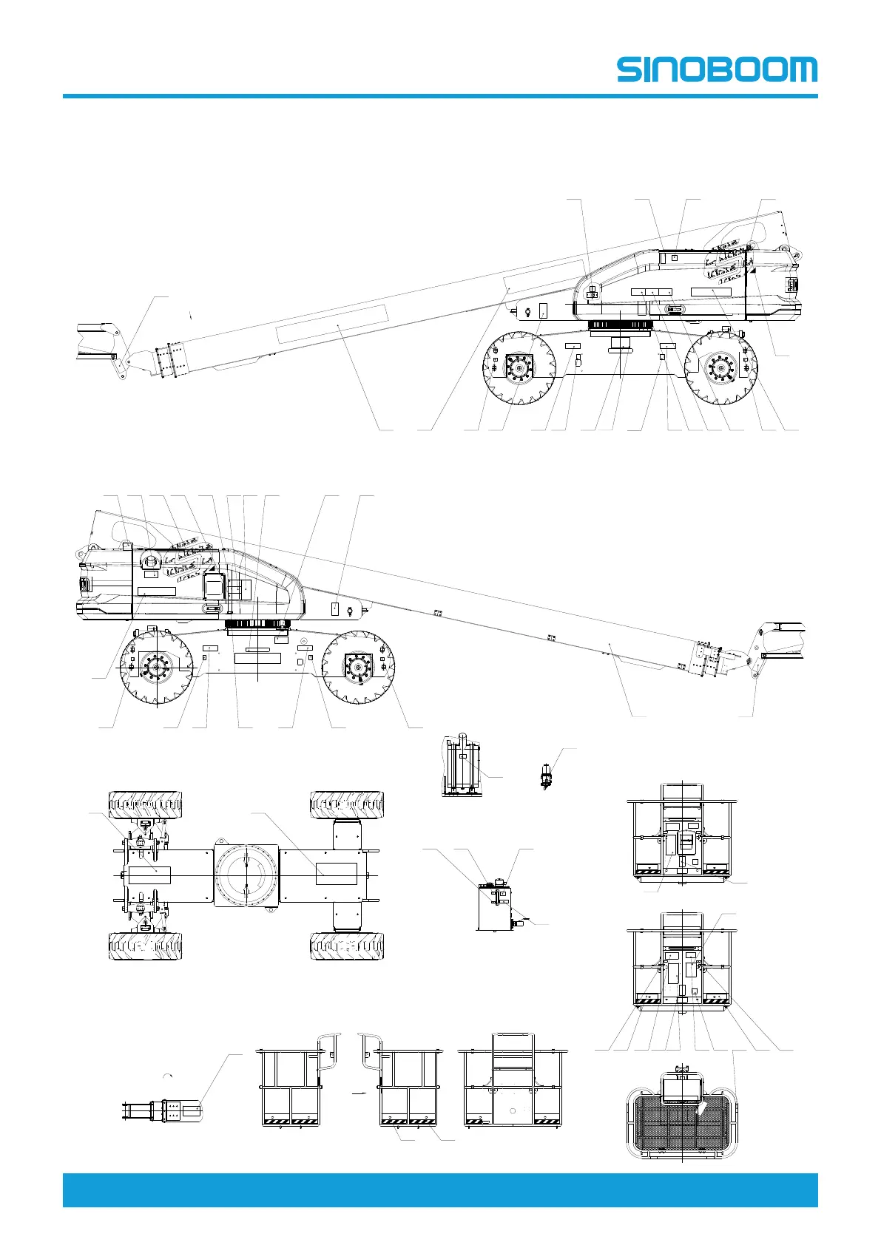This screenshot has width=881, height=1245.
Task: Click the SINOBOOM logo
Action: tap(717, 69)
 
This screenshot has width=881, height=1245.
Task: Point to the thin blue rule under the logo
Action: tap(440, 96)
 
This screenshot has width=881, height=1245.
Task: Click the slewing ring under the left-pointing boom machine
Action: tap(619, 325)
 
